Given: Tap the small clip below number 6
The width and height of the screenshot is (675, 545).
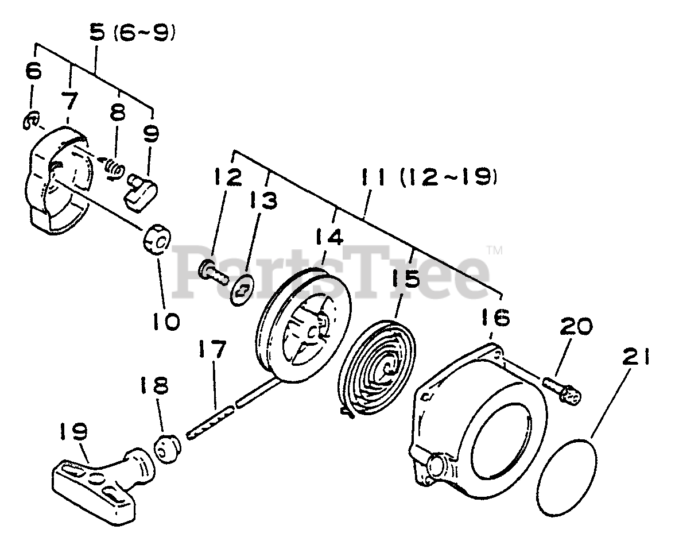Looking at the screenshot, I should coord(31,121).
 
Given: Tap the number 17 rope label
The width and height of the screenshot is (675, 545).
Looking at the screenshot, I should coord(212,349).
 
